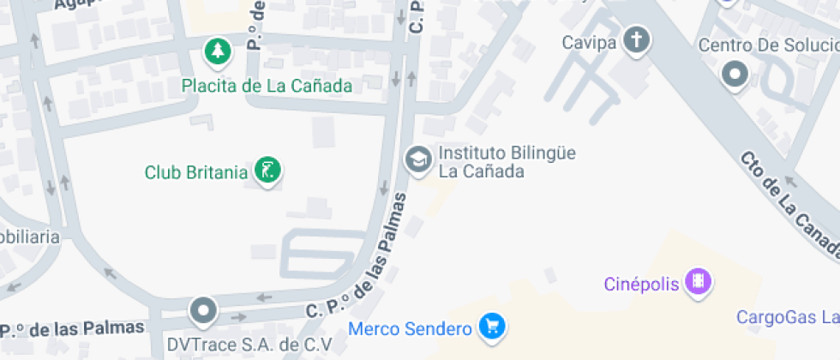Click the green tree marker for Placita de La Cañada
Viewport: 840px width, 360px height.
(x=219, y=51)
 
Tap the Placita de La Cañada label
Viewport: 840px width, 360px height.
(x=267, y=86)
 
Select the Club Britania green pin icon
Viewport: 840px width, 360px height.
(x=268, y=170)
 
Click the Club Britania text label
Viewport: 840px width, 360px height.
(x=195, y=172)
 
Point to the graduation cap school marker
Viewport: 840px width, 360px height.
(x=418, y=159)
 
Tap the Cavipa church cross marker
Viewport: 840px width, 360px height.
(x=637, y=39)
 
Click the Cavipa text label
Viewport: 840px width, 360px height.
(x=590, y=42)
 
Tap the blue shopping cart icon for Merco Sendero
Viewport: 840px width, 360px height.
(x=493, y=326)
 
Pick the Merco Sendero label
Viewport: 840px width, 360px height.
(x=410, y=328)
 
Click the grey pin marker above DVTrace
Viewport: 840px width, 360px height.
(x=203, y=310)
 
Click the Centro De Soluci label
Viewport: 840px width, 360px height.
(x=768, y=45)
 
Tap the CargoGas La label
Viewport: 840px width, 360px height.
(x=787, y=318)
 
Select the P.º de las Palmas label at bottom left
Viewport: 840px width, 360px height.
(x=71, y=329)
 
